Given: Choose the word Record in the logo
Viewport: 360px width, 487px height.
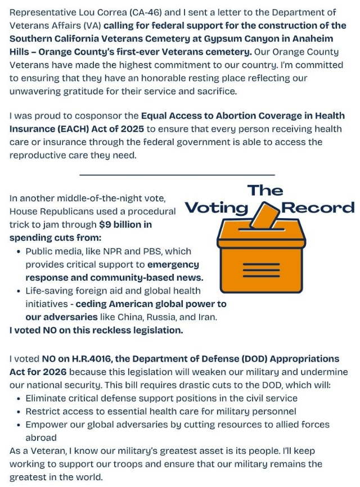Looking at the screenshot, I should (318, 208).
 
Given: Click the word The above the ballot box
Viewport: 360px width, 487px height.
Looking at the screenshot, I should (265, 190).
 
